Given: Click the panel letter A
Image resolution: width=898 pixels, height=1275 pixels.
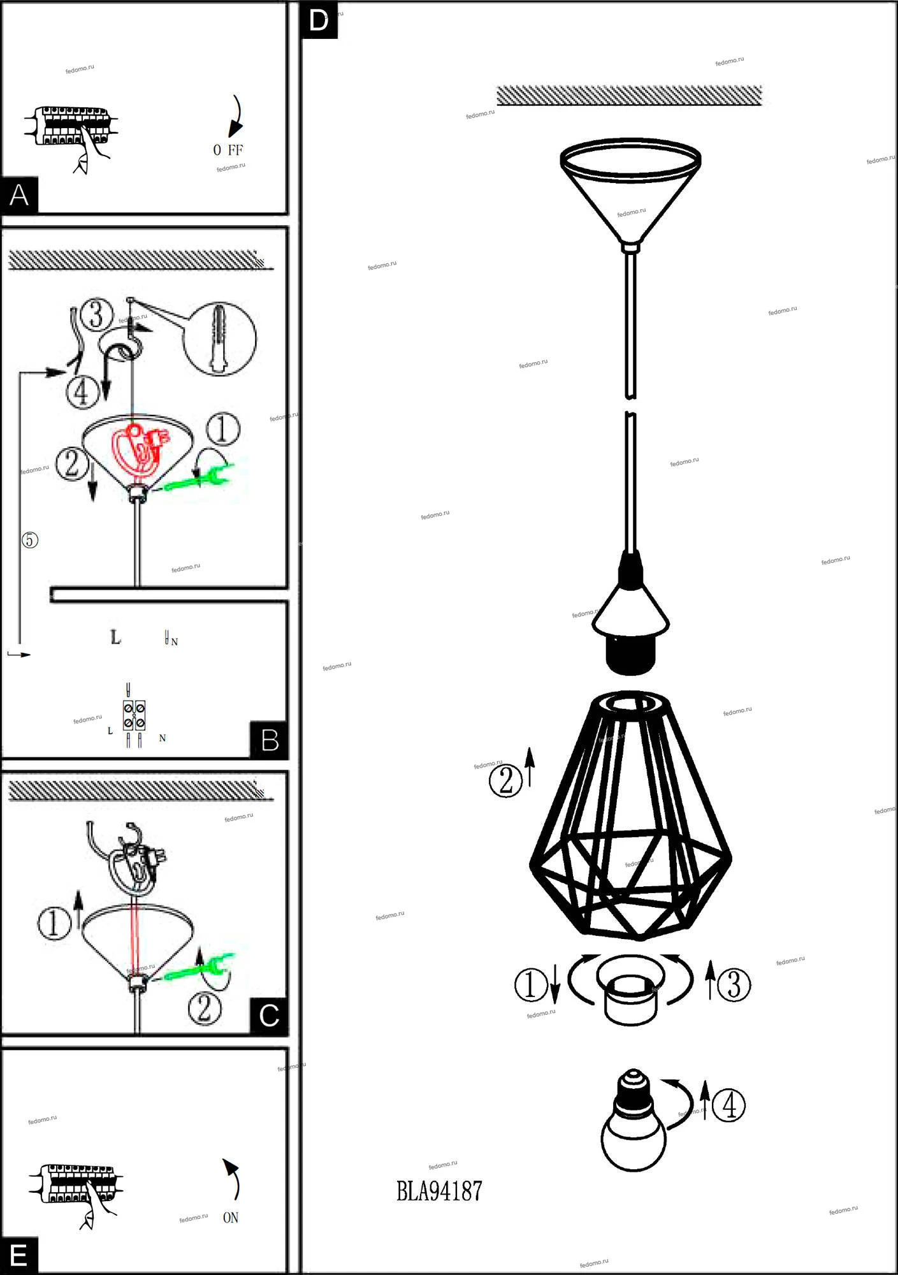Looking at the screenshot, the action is coord(19,194).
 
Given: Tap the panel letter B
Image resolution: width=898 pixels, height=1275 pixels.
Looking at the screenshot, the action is coord(270,740).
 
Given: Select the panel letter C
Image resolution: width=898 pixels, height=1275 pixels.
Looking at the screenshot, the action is coord(270,1016).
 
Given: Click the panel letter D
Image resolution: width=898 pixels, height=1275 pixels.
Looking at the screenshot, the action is coord(319,20).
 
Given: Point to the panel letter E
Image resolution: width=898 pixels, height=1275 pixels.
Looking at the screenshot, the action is coord(19,1255).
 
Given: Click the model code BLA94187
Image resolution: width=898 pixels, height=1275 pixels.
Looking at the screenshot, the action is coord(439,1191).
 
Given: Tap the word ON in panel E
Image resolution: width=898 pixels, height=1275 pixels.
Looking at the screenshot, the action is coord(231,1218).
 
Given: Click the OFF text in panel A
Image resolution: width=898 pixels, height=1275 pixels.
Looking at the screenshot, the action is coord(228,150).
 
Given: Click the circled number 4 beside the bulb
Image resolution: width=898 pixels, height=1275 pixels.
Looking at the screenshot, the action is coord(728,1105).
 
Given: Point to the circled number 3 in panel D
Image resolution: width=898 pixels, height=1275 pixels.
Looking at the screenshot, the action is coord(734,985).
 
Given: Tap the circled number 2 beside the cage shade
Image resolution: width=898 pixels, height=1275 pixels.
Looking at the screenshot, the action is coord(506,780).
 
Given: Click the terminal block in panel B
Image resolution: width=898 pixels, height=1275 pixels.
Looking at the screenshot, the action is coord(134,715).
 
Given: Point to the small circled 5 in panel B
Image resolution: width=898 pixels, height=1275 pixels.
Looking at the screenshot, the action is coord(30,540).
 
